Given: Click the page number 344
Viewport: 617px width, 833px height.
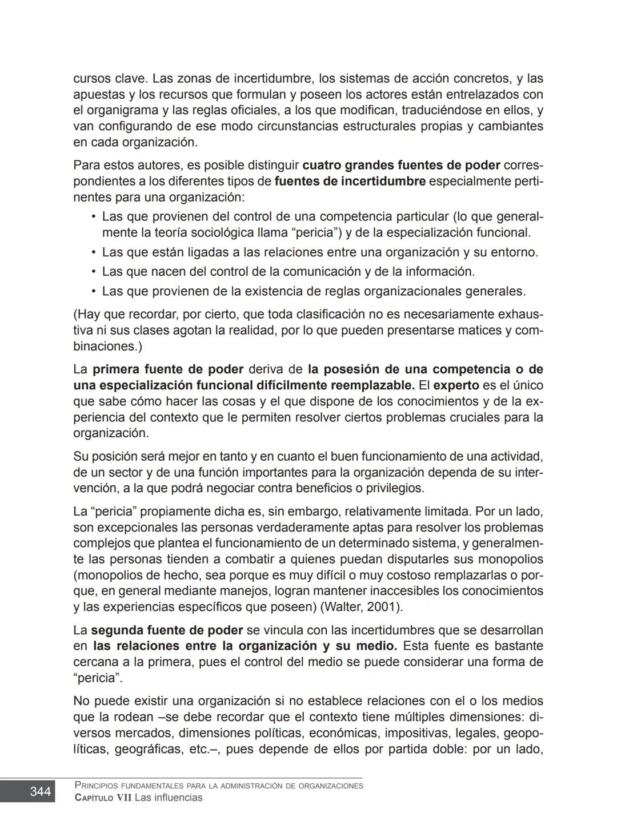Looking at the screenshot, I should click(40, 791).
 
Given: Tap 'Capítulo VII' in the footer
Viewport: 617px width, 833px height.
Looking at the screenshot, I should click(103, 798).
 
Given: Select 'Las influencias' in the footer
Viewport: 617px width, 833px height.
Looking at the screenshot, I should click(168, 798).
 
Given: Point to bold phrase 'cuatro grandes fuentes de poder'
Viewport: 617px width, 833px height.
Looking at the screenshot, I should click(401, 166).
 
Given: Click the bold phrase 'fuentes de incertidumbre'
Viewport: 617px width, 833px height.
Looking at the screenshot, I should click(350, 182).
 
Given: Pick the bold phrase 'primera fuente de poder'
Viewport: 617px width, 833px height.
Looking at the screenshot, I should click(168, 369).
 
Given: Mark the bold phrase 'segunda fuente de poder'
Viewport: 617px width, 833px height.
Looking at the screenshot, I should click(167, 630).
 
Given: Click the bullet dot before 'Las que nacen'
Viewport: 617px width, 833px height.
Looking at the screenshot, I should click(94, 272).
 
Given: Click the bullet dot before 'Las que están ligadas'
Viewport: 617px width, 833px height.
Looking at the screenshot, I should click(94, 252).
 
